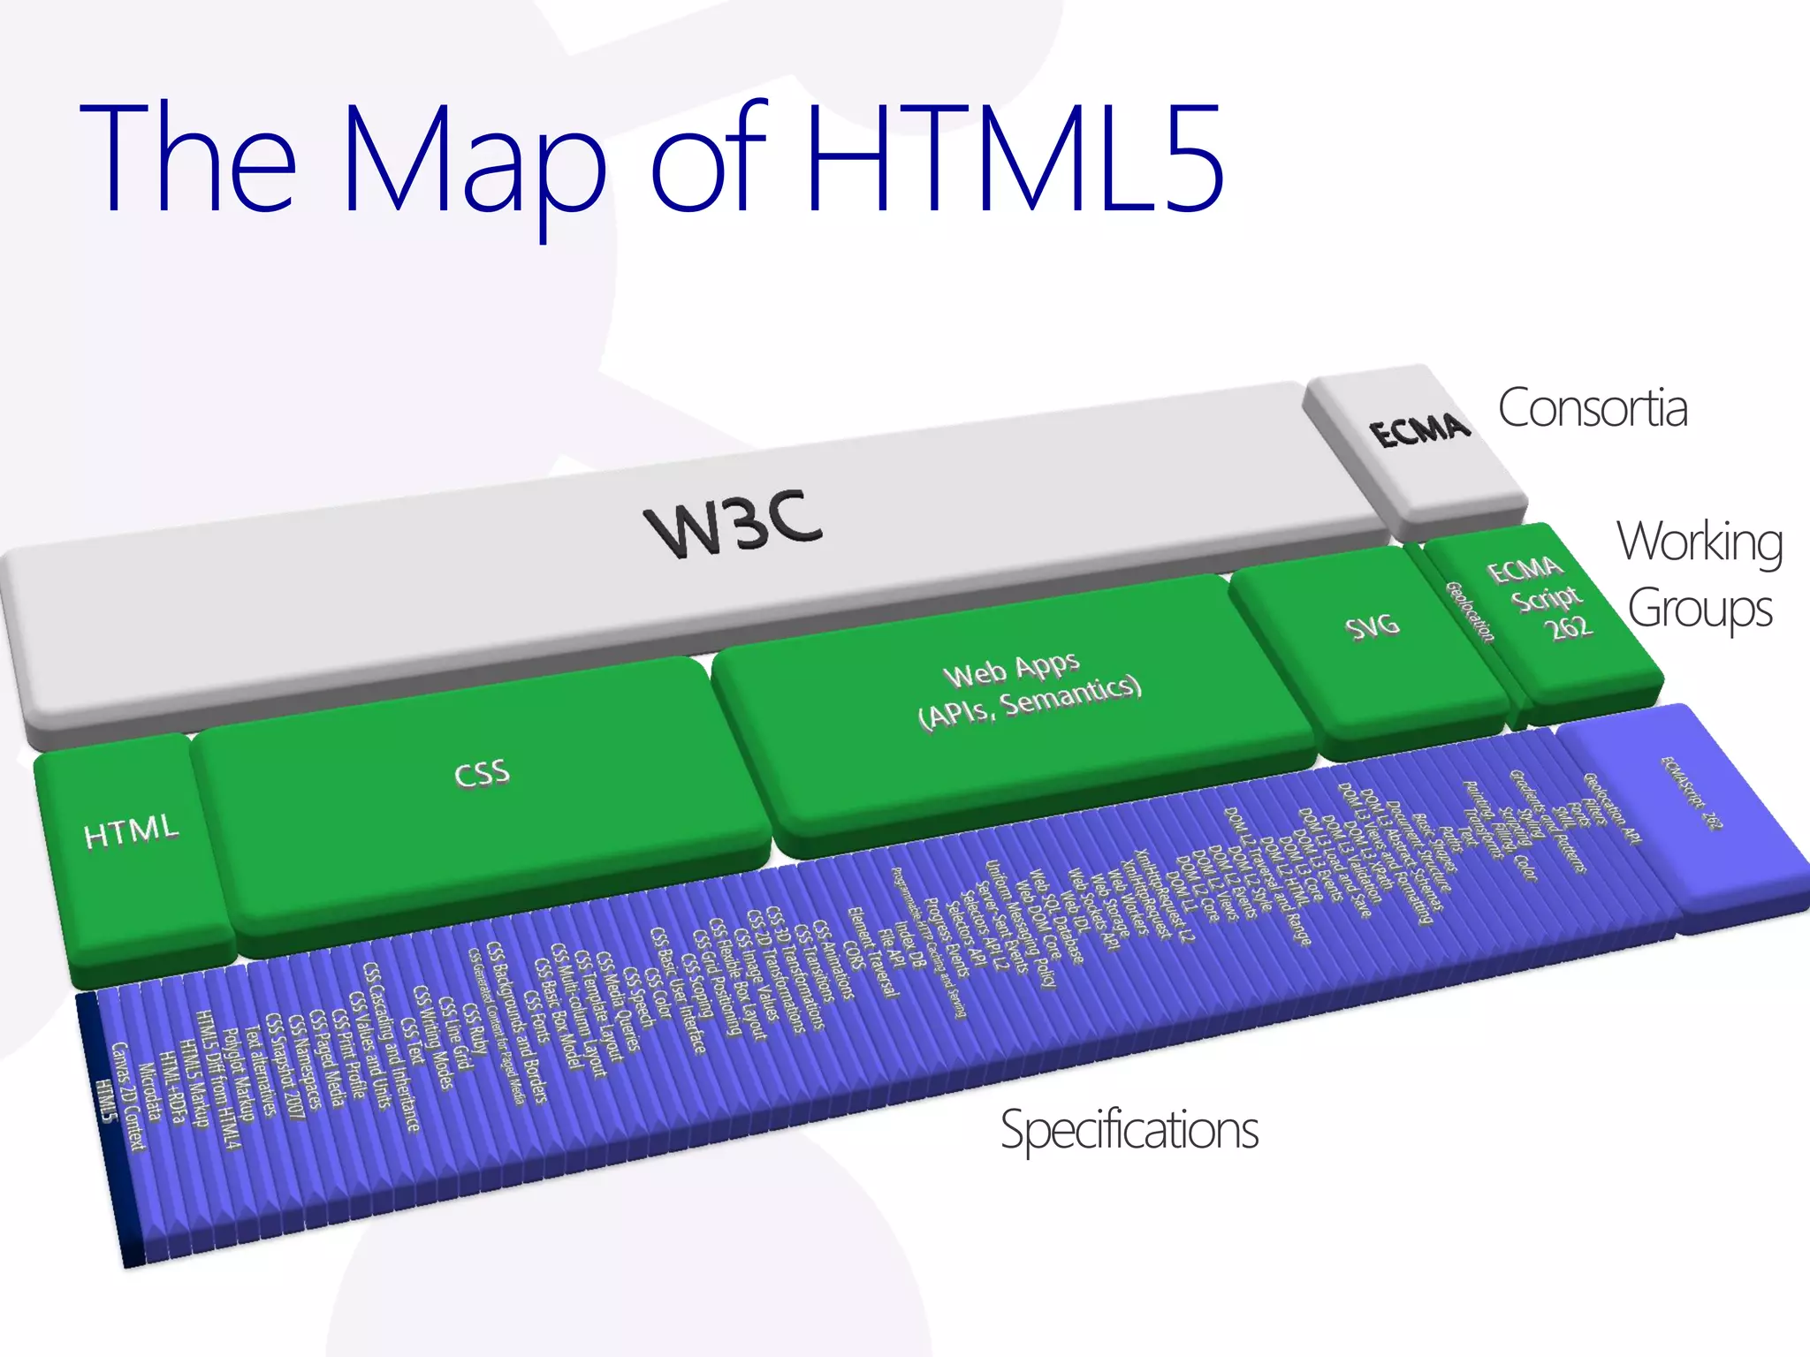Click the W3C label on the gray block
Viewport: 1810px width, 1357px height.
click(734, 523)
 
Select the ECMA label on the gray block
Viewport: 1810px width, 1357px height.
click(1419, 430)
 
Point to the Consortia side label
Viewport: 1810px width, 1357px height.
click(1593, 408)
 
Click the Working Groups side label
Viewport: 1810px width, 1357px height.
click(1700, 574)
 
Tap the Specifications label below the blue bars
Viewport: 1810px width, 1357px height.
click(1129, 1130)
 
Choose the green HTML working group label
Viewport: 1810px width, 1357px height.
click(131, 830)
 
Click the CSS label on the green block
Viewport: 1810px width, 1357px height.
click(482, 774)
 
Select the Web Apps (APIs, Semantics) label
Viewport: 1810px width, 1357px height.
click(1030, 689)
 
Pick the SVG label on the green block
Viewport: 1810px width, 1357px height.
click(1373, 626)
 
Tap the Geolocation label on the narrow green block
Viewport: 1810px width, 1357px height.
click(1470, 611)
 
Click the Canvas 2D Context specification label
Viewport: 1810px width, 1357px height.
click(128, 1095)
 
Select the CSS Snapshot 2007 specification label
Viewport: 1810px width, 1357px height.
click(285, 1065)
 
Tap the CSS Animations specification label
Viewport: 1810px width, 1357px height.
click(833, 959)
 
